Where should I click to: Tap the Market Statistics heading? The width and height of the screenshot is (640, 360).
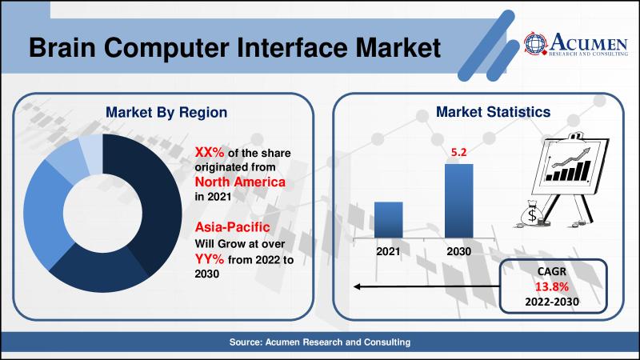click(492, 113)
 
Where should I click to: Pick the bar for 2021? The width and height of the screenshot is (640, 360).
click(388, 219)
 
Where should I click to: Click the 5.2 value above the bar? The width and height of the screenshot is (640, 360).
click(458, 151)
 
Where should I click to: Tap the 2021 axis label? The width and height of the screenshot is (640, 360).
click(388, 251)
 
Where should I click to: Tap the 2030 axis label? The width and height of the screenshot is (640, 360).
click(458, 251)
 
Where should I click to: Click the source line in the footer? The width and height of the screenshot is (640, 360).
click(320, 342)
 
